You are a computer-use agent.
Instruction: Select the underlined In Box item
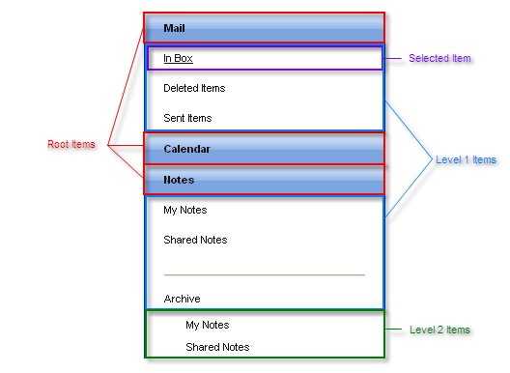point(178,59)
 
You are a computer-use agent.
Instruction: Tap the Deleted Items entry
point(194,89)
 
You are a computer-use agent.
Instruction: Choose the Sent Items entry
point(187,119)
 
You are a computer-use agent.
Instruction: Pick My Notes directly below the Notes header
point(185,210)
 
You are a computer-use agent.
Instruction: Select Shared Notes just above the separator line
point(195,240)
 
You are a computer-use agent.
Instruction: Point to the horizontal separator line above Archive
point(264,274)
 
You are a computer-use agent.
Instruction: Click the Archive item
point(183,299)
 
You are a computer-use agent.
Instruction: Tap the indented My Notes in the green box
point(208,325)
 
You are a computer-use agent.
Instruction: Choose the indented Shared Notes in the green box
point(217,347)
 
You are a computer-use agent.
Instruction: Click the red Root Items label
point(71,145)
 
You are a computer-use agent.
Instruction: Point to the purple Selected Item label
point(439,59)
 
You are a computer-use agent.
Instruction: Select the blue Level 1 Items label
point(466,159)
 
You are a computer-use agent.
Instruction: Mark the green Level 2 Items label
point(439,330)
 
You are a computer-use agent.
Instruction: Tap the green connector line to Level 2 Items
point(393,330)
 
